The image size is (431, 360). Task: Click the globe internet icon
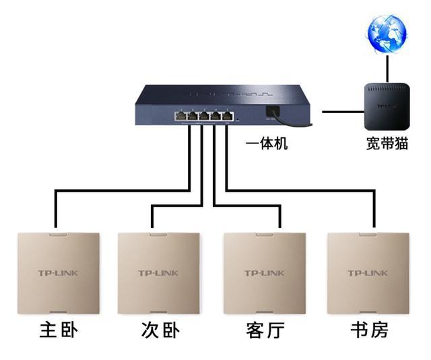point(387,34)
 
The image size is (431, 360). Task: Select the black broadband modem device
point(386,107)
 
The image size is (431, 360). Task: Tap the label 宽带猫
point(387,145)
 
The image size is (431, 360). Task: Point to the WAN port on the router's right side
point(272,112)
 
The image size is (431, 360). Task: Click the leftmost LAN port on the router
point(180,116)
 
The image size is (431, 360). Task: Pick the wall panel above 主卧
point(58,273)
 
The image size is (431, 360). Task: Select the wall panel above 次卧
point(160,273)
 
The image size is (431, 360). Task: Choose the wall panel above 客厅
point(265,273)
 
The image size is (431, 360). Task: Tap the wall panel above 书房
point(368,273)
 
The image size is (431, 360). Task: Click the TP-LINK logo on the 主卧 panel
point(58,273)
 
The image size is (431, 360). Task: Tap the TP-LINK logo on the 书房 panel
point(368,273)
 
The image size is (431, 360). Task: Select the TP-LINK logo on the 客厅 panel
point(265,273)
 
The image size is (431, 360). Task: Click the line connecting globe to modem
point(387,68)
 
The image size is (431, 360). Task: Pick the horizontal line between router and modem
point(341,109)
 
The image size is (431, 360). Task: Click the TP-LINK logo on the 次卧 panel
point(160,273)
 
